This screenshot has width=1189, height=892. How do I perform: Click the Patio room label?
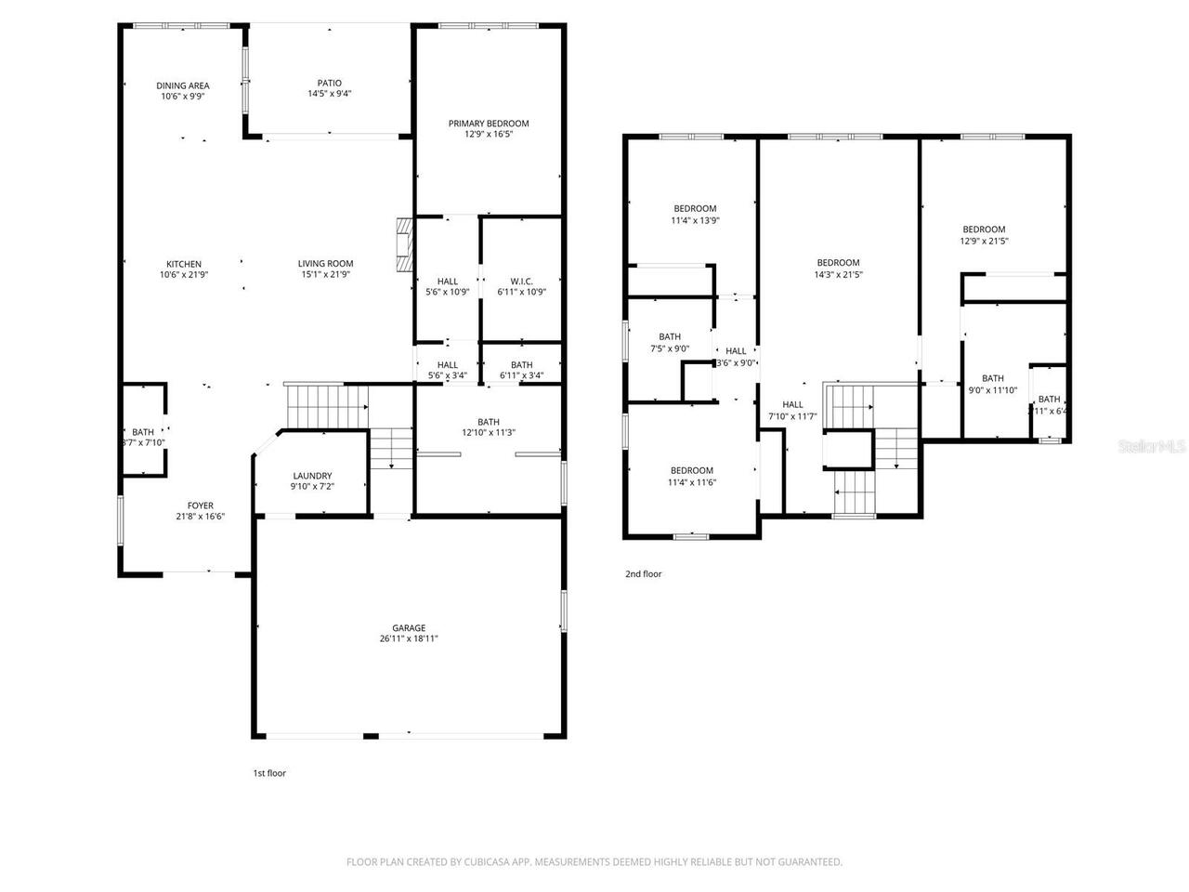click(x=329, y=83)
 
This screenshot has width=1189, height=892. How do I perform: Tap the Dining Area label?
click(x=182, y=85)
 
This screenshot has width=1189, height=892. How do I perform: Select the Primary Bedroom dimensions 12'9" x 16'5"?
click(x=489, y=135)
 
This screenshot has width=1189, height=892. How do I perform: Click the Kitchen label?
click(x=184, y=264)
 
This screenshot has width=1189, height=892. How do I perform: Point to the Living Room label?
click(x=325, y=263)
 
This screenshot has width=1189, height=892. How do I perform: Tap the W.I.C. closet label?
click(x=521, y=281)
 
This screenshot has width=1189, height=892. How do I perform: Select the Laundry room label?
click(x=312, y=476)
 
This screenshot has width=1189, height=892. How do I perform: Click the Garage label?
click(x=409, y=628)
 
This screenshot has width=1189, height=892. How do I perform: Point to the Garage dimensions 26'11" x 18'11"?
click(x=409, y=639)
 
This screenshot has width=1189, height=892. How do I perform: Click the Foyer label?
click(x=200, y=505)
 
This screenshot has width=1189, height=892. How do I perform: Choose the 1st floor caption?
click(x=269, y=773)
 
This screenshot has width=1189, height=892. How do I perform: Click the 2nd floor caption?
click(x=643, y=574)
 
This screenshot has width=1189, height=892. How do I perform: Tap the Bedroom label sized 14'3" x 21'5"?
click(x=838, y=263)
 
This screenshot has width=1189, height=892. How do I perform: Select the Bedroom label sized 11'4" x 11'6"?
click(x=692, y=470)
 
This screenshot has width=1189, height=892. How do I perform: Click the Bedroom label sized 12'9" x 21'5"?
click(x=984, y=230)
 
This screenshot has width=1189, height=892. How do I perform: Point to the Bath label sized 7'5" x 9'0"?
click(x=669, y=337)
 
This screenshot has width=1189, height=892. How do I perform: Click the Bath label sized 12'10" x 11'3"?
click(x=489, y=421)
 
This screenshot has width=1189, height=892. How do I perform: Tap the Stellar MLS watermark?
click(x=1152, y=447)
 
